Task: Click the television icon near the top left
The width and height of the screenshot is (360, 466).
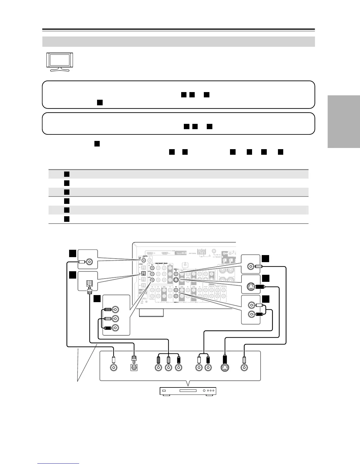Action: point(59,62)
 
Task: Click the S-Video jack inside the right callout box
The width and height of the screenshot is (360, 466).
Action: point(250,287)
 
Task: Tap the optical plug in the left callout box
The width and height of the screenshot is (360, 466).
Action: point(89,284)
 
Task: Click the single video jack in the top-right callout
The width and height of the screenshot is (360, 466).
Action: point(250,267)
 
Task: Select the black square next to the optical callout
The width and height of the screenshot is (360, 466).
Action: point(73,275)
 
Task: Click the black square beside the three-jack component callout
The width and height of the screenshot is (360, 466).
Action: point(97,299)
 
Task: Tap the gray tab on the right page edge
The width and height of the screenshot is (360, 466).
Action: point(344,122)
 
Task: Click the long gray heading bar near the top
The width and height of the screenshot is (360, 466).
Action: point(179,41)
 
